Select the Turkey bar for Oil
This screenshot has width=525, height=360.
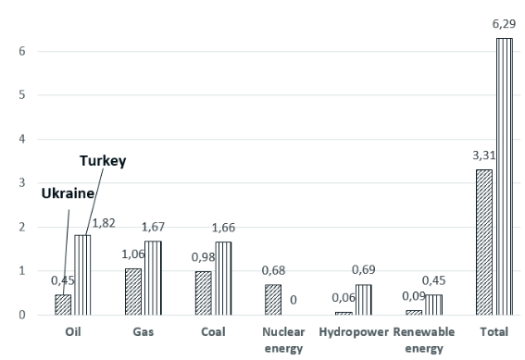[x=82, y=275]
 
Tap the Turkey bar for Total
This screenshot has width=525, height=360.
[x=504, y=176]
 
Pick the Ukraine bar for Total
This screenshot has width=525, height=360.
[x=483, y=242]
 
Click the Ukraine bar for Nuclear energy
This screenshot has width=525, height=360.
[x=272, y=300]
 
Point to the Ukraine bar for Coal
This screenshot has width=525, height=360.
[x=203, y=293]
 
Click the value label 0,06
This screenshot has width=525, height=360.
[x=342, y=298]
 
